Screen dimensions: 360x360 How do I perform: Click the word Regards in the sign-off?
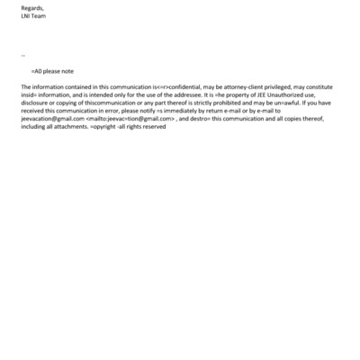pos(31,7)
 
